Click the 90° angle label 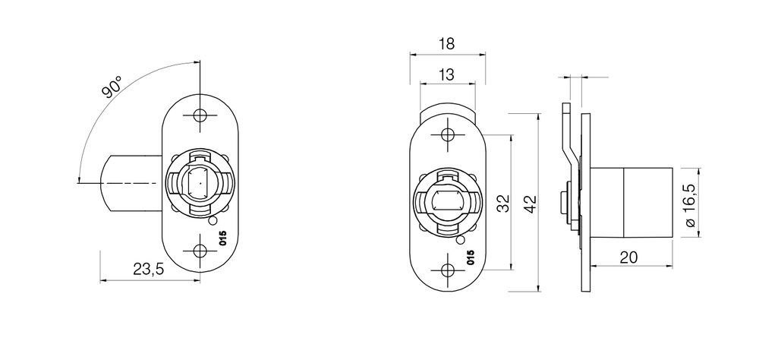tap(112, 87)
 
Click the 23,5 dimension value tap(149, 270)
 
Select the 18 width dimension tap(447, 44)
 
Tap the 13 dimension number tap(448, 74)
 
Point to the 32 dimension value tap(503, 203)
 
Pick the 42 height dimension tap(531, 204)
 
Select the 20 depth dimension tap(628, 257)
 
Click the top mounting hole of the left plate tap(200, 115)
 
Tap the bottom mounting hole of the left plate tap(200, 251)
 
